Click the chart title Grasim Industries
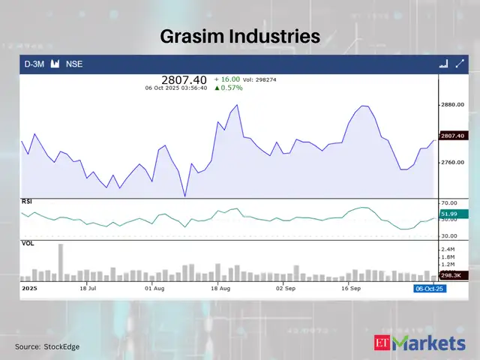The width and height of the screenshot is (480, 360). coord(240,35)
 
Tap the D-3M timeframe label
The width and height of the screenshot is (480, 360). coord(34,64)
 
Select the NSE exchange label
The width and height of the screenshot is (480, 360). coord(74,64)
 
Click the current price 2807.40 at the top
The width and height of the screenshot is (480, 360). coord(184,79)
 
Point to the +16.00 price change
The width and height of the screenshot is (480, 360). coord(227,79)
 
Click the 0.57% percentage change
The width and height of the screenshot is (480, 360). coord(232,88)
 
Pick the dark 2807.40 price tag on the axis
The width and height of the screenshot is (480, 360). coord(453,136)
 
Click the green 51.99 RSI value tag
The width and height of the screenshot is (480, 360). coord(449,215)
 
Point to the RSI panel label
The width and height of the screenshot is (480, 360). coord(26,202)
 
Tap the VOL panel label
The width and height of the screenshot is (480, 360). coord(27,243)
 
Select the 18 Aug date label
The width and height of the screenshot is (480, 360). coord(220,287)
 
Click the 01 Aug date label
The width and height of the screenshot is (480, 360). coord(154,287)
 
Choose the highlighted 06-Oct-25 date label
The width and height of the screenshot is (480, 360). coord(430,288)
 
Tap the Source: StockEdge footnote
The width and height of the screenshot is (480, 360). coord(47,346)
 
